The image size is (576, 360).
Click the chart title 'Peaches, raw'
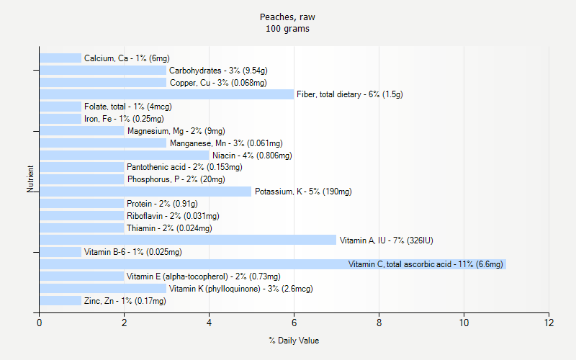click(287, 17)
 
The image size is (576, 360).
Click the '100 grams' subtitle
click(287, 29)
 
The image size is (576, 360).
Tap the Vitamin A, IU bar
click(187, 240)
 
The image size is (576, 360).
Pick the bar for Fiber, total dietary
click(166, 94)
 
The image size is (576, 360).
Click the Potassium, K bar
click(145, 192)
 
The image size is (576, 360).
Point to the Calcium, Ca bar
click(60, 58)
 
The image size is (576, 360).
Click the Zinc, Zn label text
click(125, 301)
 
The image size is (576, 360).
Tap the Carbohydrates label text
click(218, 71)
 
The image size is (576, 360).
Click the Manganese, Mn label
click(226, 143)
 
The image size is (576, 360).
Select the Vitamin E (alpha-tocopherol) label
click(204, 276)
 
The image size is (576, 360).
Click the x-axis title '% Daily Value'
click(293, 341)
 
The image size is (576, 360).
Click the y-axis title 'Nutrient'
click(30, 179)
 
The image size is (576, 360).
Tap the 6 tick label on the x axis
click(294, 323)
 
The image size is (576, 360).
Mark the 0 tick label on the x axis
click(39, 323)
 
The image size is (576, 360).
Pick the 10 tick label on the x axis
click(464, 323)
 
